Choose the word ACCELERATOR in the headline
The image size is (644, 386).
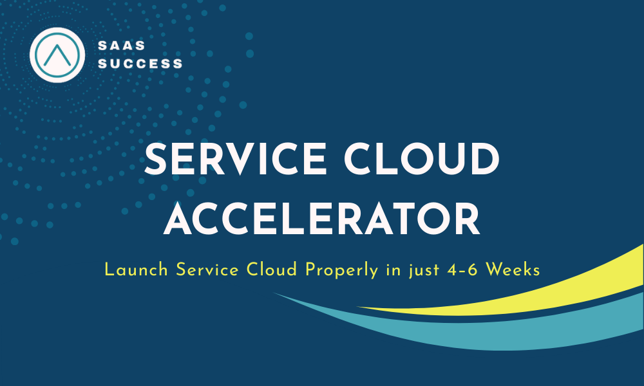pos(322,220)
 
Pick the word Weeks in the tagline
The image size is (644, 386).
pos(513,270)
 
